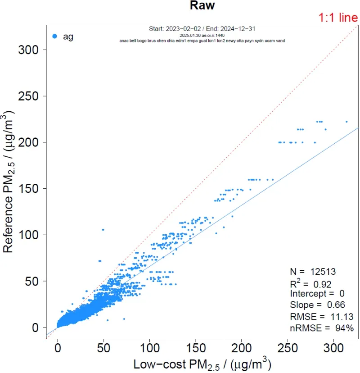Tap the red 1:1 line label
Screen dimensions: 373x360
[x=338, y=18]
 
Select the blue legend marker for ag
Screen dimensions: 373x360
[x=54, y=36]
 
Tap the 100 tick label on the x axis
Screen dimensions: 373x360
[x=150, y=348]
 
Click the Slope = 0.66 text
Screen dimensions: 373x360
[x=315, y=305]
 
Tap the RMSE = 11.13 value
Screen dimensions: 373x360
[x=316, y=317]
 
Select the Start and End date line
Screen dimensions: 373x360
[x=202, y=29]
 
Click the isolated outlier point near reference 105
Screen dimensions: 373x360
[x=103, y=230]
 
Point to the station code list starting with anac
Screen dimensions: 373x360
[x=202, y=41]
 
